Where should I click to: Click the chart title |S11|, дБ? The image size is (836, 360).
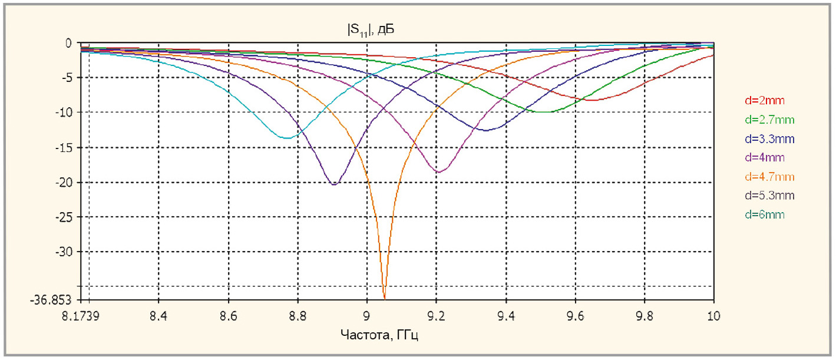(x=371, y=30)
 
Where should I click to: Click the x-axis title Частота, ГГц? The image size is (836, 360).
(x=379, y=335)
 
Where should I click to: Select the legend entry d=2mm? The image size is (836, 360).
(x=765, y=101)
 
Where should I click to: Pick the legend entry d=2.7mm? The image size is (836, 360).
(x=769, y=120)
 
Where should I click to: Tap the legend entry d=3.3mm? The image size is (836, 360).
(x=769, y=139)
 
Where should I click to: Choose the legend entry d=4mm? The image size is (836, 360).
(x=765, y=157)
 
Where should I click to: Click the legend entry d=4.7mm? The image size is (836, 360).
(x=769, y=176)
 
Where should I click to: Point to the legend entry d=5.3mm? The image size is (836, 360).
(x=769, y=196)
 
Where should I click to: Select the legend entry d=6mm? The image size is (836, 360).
(x=765, y=215)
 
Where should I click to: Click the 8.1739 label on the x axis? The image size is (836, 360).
(x=81, y=316)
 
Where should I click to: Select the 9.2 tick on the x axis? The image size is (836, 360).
(x=437, y=316)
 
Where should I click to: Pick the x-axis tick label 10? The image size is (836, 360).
(x=713, y=316)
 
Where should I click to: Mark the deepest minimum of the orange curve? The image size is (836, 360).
(x=385, y=299)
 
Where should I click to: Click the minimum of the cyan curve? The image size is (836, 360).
(x=288, y=138)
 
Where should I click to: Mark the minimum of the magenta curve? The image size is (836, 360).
(x=439, y=172)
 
